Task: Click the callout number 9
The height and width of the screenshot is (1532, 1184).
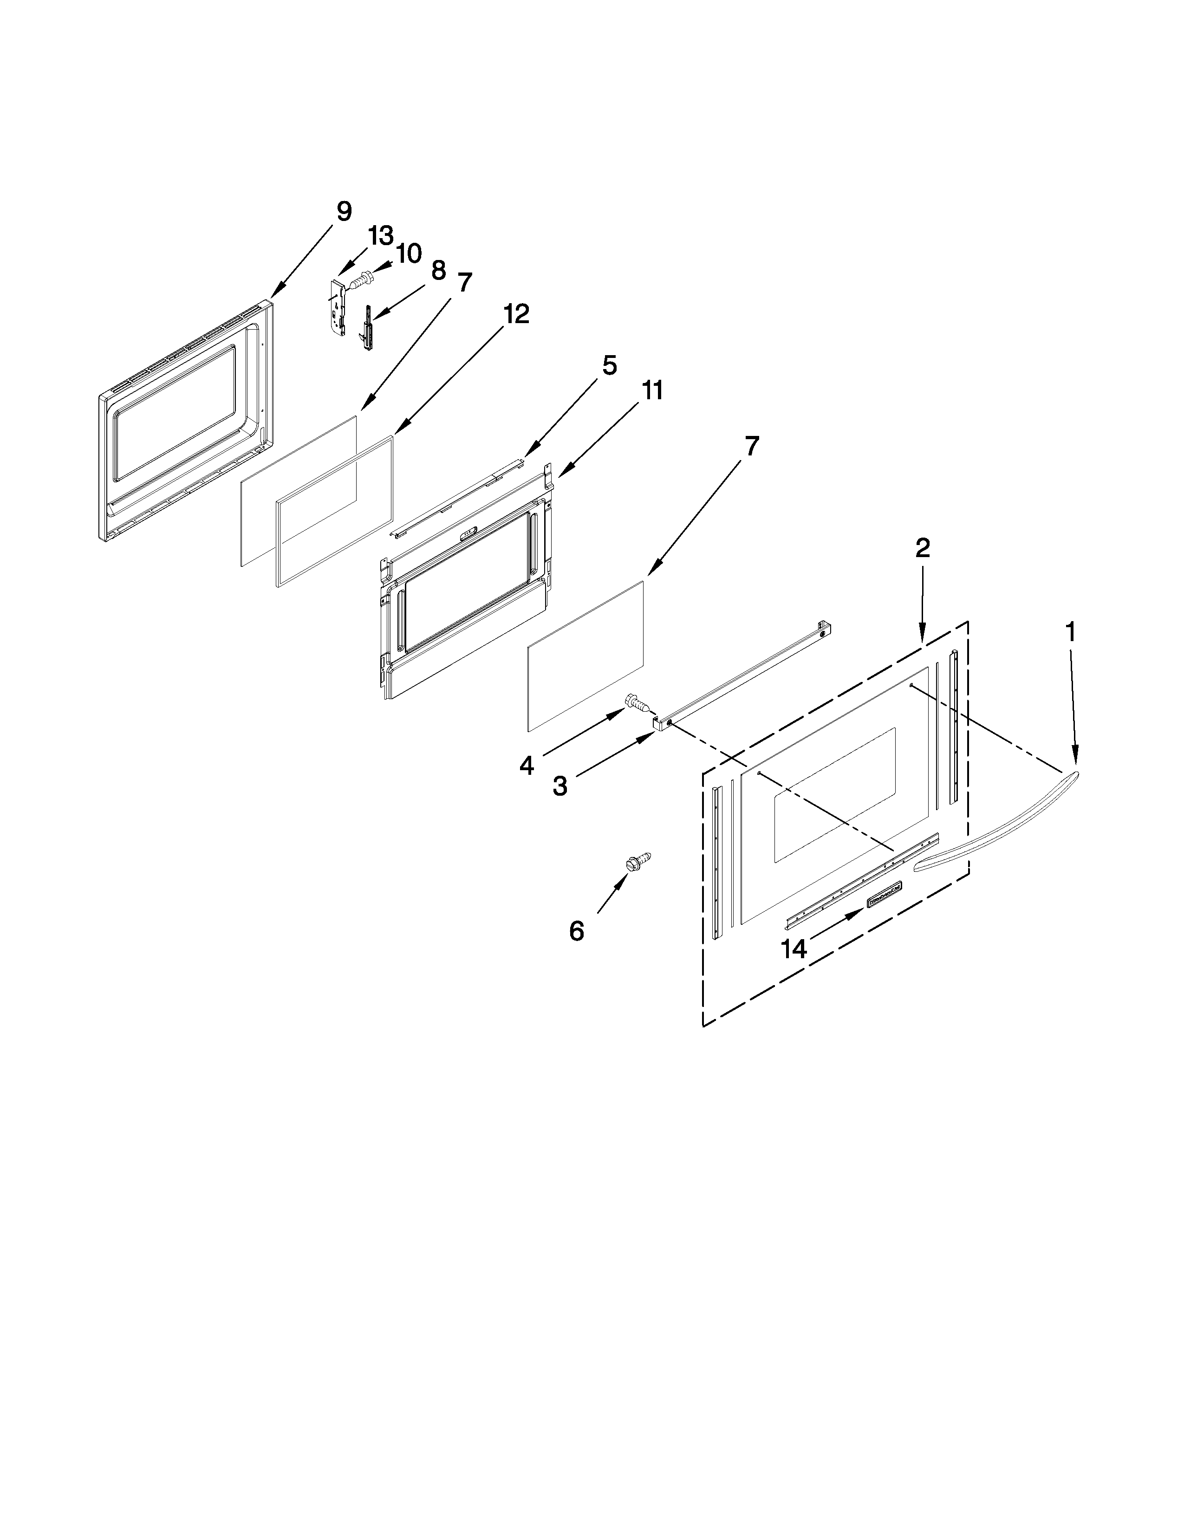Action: click(344, 211)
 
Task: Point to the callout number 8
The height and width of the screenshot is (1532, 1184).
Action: click(438, 270)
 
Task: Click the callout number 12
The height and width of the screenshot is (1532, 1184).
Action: click(516, 314)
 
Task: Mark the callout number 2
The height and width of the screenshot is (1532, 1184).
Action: click(923, 548)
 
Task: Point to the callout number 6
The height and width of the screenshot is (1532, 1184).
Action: click(577, 931)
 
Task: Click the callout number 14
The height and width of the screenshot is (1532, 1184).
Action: click(794, 949)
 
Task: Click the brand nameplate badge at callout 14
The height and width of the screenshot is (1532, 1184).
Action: click(884, 895)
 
